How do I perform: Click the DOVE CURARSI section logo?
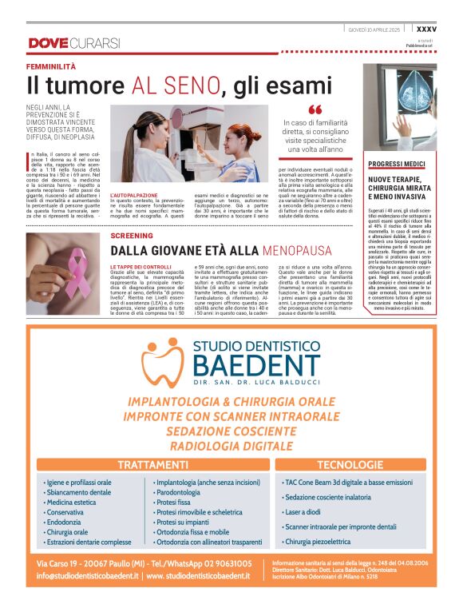[x=73, y=42]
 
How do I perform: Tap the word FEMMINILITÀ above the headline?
[x=51, y=66]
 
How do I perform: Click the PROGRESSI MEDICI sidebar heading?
[x=397, y=163]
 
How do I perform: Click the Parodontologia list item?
[x=178, y=492]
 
